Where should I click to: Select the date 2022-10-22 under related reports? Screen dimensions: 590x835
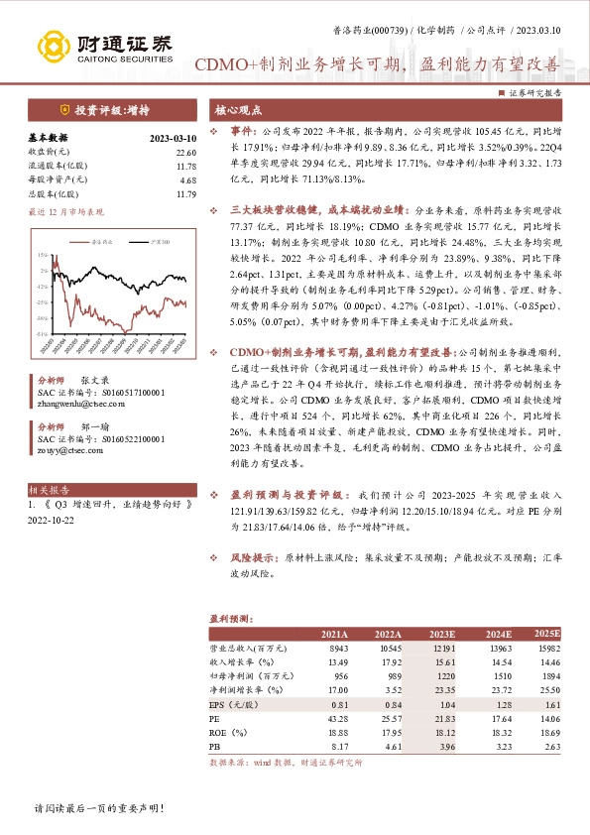[x=52, y=529]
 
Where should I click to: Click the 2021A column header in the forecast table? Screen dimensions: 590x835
[x=335, y=635]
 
